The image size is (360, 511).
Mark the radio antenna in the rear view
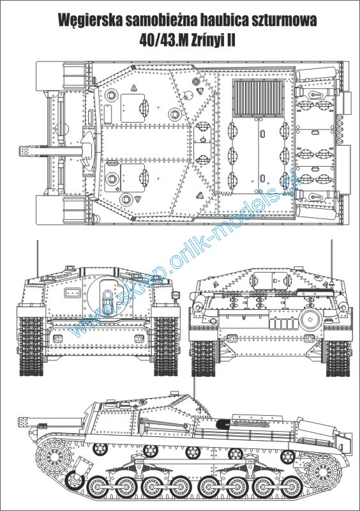coord(332,259)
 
